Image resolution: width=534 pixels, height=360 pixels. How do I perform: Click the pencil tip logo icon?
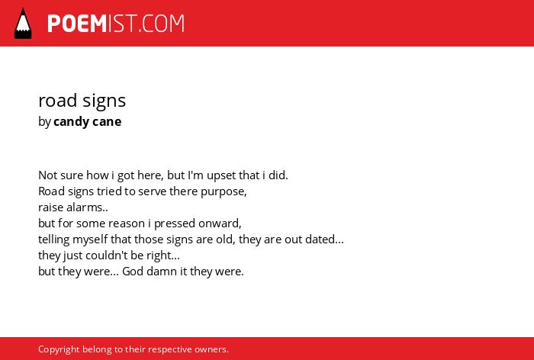(x=23, y=23)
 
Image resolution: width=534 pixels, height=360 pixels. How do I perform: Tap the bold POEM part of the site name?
(x=77, y=24)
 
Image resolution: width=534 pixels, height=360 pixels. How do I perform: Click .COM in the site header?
(x=162, y=24)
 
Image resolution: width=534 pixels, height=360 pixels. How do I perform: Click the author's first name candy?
(x=70, y=122)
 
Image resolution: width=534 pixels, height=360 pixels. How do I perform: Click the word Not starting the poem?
(x=47, y=175)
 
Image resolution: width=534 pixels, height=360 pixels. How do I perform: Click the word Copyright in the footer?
(x=59, y=349)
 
